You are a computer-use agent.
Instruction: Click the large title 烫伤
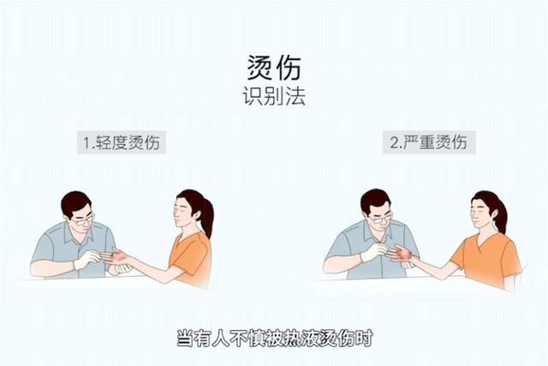coord(274,68)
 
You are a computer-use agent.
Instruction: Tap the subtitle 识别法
coord(274,95)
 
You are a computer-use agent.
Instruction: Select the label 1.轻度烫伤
coord(122,142)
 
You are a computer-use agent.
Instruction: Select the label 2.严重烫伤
coord(429,142)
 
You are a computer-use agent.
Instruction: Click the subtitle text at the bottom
coord(274,338)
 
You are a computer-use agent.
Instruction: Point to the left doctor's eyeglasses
coord(84,219)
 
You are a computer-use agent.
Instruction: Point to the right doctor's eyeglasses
coord(381,219)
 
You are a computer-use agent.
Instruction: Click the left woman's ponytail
coord(205,214)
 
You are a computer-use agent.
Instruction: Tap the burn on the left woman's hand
coord(119,256)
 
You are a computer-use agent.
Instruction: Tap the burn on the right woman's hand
coord(404,254)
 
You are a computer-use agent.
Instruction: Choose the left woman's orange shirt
coord(190,257)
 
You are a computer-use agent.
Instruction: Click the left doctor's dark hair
coord(75,203)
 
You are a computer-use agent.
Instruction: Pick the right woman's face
coord(480,213)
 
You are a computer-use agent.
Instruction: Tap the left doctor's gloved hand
coord(87,259)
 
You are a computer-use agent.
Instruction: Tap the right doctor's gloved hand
coord(375,252)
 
